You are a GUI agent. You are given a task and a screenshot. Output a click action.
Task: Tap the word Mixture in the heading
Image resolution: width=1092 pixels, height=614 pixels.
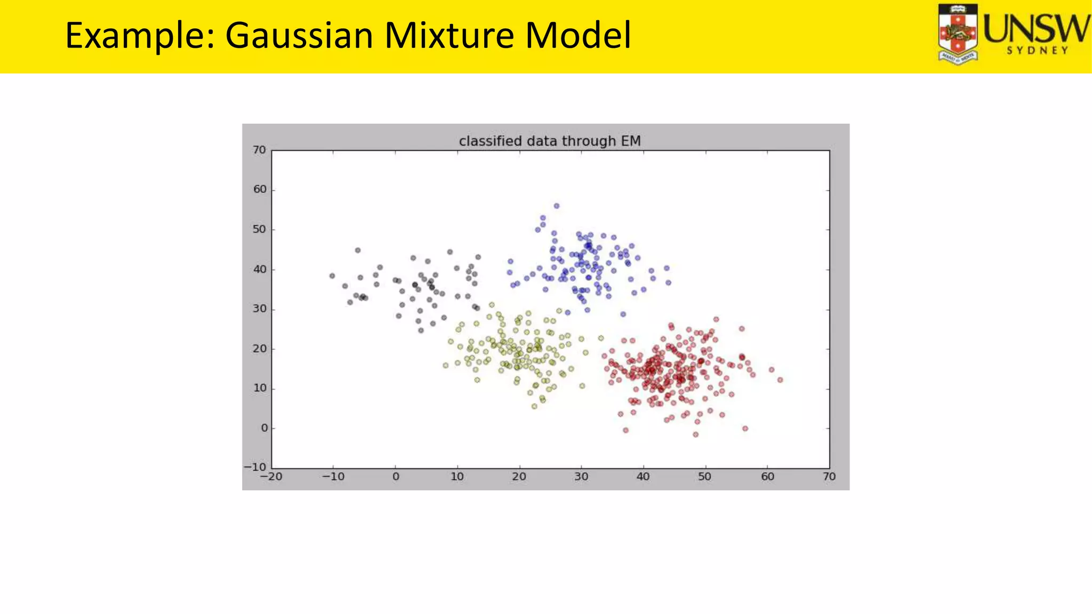coord(449,35)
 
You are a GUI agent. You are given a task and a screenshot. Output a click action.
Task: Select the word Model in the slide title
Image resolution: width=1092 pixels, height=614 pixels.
coord(578,35)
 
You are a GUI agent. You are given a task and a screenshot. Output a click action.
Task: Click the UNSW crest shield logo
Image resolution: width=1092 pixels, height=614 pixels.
coord(958,34)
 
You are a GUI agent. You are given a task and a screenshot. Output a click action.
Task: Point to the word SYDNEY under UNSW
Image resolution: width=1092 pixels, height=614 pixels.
coord(1037,51)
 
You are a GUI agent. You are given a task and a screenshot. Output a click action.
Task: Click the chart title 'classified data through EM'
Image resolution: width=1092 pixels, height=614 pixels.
coord(550,141)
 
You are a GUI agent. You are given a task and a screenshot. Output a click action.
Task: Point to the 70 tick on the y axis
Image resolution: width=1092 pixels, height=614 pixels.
coord(259,150)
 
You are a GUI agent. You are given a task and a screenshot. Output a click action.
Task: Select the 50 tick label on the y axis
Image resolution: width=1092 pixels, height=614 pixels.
coord(259,230)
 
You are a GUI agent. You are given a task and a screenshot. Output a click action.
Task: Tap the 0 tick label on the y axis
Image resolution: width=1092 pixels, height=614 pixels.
coord(264,428)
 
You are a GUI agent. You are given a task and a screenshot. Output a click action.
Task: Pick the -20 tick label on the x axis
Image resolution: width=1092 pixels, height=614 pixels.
coord(271,476)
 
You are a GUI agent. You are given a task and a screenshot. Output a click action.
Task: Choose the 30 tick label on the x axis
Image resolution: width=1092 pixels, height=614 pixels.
coord(581,476)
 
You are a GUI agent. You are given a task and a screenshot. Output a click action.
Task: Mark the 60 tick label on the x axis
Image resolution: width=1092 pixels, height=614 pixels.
coord(767,476)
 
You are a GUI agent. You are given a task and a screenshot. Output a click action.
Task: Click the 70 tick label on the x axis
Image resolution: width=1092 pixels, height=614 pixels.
coord(829,476)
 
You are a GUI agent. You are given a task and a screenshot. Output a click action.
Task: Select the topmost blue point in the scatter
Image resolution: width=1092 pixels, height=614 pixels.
coord(557,206)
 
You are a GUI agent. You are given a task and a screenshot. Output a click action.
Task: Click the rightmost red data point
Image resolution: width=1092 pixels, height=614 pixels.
coord(780,380)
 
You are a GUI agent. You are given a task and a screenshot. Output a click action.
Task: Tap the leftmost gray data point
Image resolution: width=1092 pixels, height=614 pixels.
coord(332,276)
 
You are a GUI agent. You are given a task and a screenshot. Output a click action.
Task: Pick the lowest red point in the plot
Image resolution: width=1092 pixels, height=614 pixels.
coord(695,434)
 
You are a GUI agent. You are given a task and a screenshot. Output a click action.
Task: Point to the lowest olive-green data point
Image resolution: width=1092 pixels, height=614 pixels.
coord(534,407)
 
